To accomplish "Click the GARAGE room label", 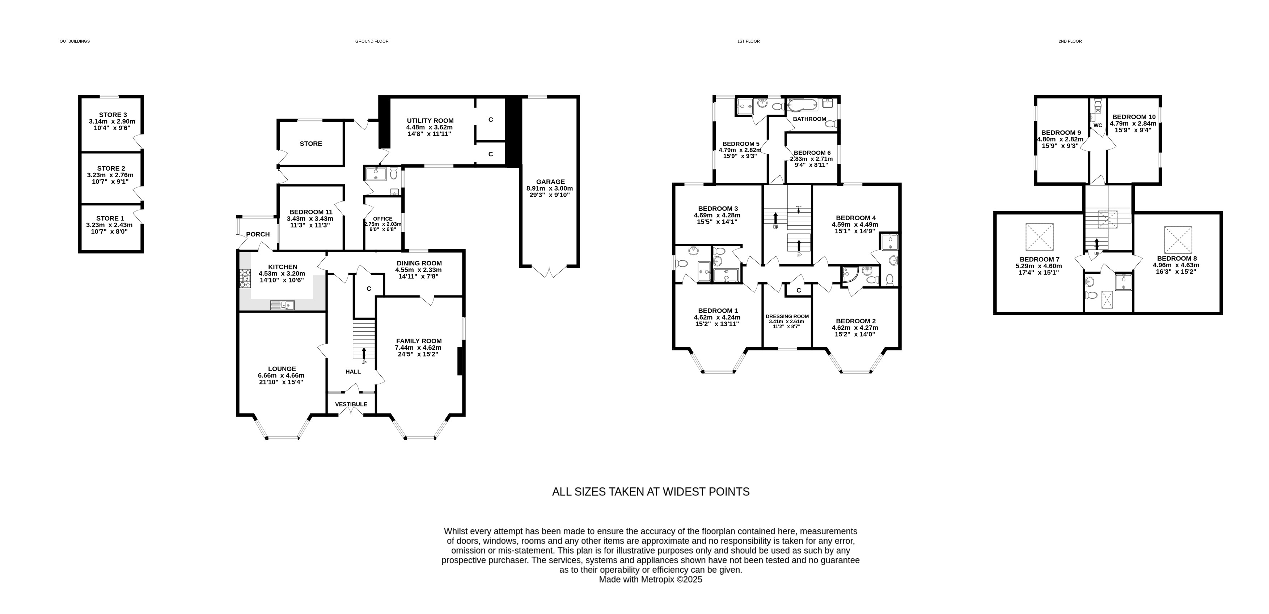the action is point(550,182).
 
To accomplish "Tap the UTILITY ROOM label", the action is point(430,121).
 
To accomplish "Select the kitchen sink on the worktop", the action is point(282,305).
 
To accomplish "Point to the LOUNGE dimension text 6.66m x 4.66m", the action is point(281,375).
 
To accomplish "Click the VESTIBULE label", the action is point(351,404).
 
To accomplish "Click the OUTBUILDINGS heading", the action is point(75,41).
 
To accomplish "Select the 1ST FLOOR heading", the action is point(748,41).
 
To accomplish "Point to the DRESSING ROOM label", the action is point(787,317).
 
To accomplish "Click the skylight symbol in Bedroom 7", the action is point(1040,237).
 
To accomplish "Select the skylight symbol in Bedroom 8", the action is point(1178,240).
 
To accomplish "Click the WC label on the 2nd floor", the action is point(1097,125).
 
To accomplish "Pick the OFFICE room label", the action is point(383,219).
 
